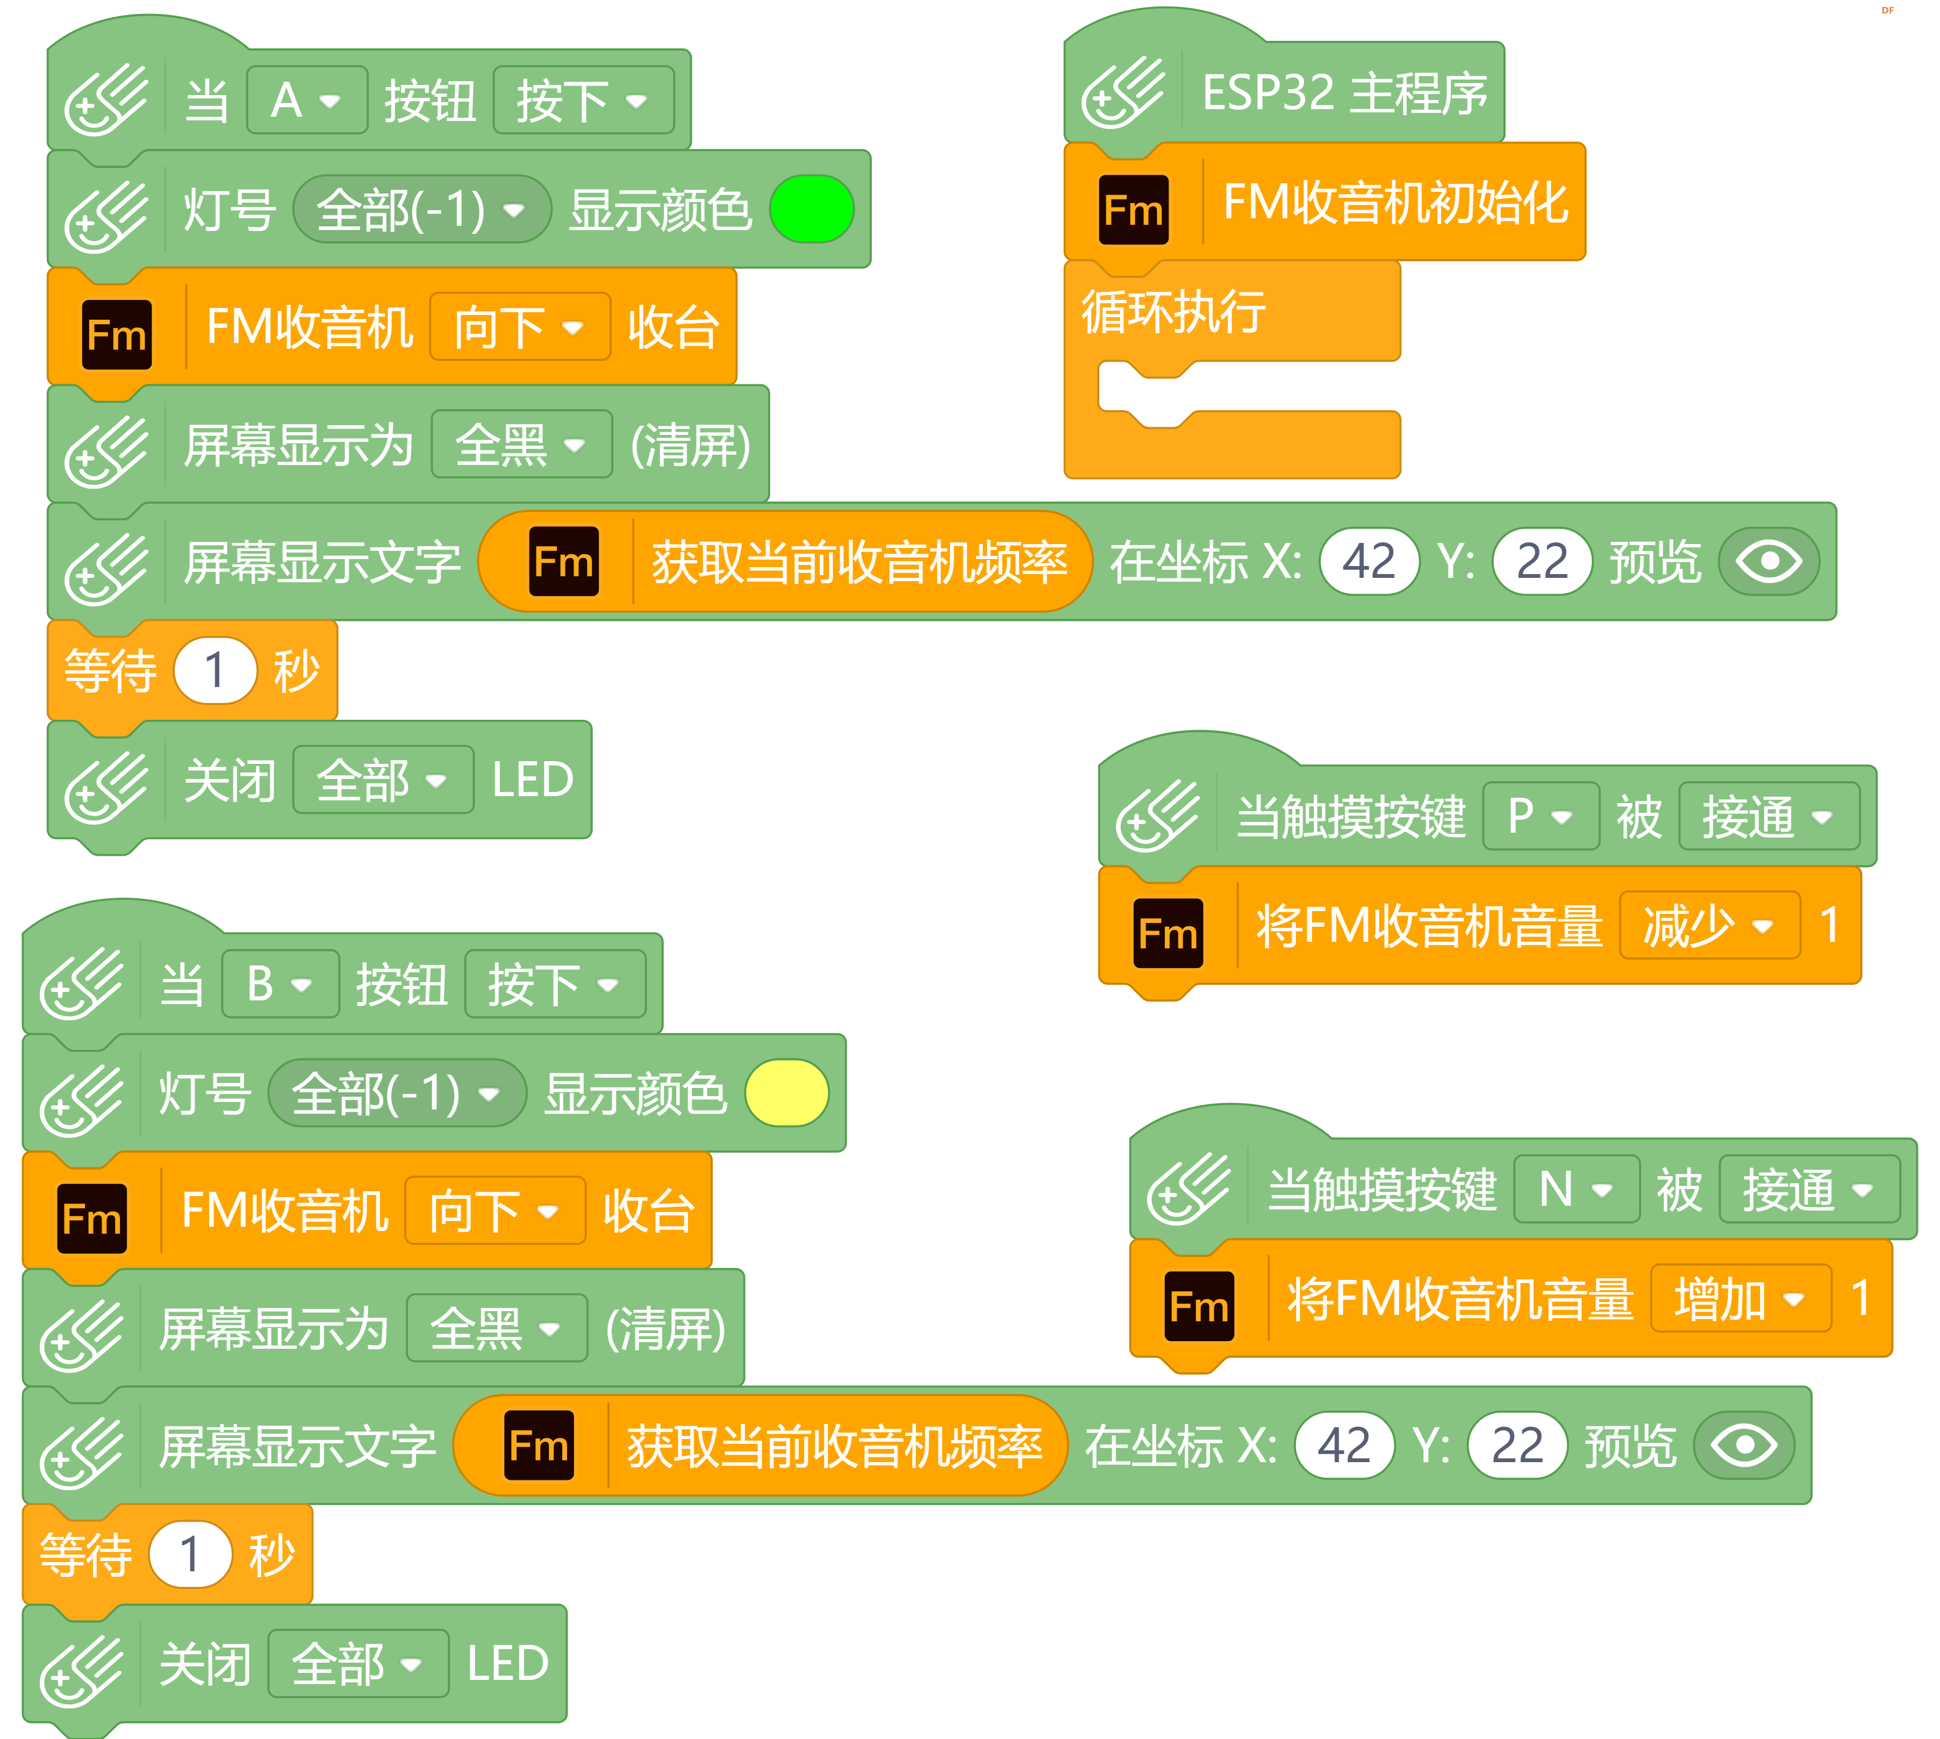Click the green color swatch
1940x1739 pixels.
coord(811,209)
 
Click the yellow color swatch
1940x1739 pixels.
coord(786,1093)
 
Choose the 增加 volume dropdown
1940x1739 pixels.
coord(1740,1299)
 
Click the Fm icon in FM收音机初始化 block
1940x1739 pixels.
coord(1134,209)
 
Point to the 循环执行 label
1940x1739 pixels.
coord(1173,311)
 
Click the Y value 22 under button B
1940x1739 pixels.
coord(1516,1445)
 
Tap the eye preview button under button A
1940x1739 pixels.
coord(1769,561)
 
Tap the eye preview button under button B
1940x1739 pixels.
coord(1744,1445)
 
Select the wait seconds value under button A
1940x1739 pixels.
coord(215,670)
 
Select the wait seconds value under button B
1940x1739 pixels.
coord(190,1554)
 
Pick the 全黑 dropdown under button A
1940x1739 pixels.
coord(521,445)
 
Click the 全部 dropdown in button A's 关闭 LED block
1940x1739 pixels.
coord(382,779)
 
